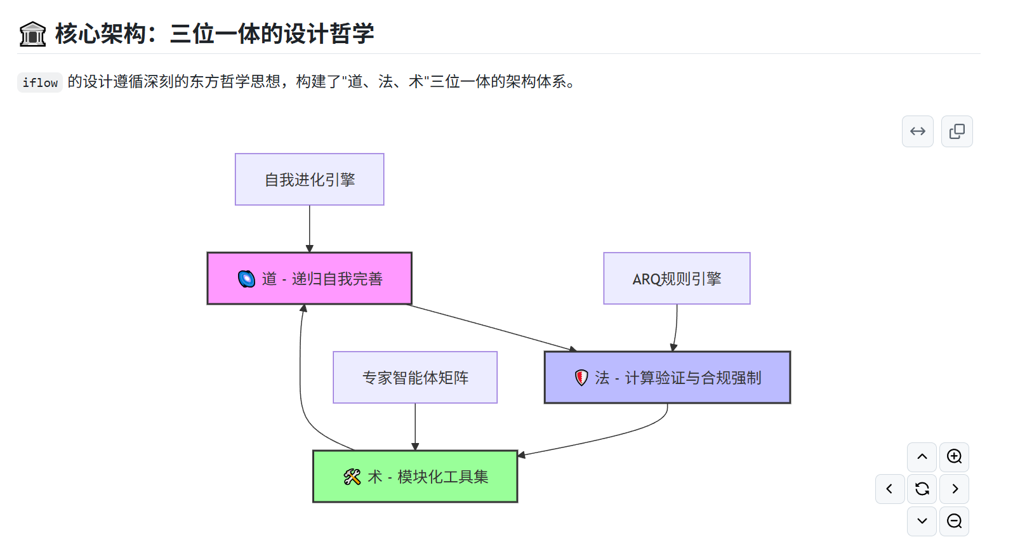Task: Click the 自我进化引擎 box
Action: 309,180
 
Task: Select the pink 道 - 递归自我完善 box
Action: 309,279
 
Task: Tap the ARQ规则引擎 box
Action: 677,279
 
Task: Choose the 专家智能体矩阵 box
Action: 415,378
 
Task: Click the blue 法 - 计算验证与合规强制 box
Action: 667,378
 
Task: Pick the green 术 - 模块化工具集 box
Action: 415,477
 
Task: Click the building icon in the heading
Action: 32,34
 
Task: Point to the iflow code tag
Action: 40,83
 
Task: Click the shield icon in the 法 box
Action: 581,378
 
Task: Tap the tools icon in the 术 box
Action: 352,477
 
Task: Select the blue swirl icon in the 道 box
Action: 246,279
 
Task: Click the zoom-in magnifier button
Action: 954,457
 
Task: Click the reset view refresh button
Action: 922,489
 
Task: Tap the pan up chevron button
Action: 922,457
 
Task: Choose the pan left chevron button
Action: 890,489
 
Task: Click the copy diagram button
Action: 957,131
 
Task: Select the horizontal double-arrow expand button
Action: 918,131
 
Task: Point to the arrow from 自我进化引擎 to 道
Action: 310,228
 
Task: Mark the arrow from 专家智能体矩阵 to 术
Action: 415,427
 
